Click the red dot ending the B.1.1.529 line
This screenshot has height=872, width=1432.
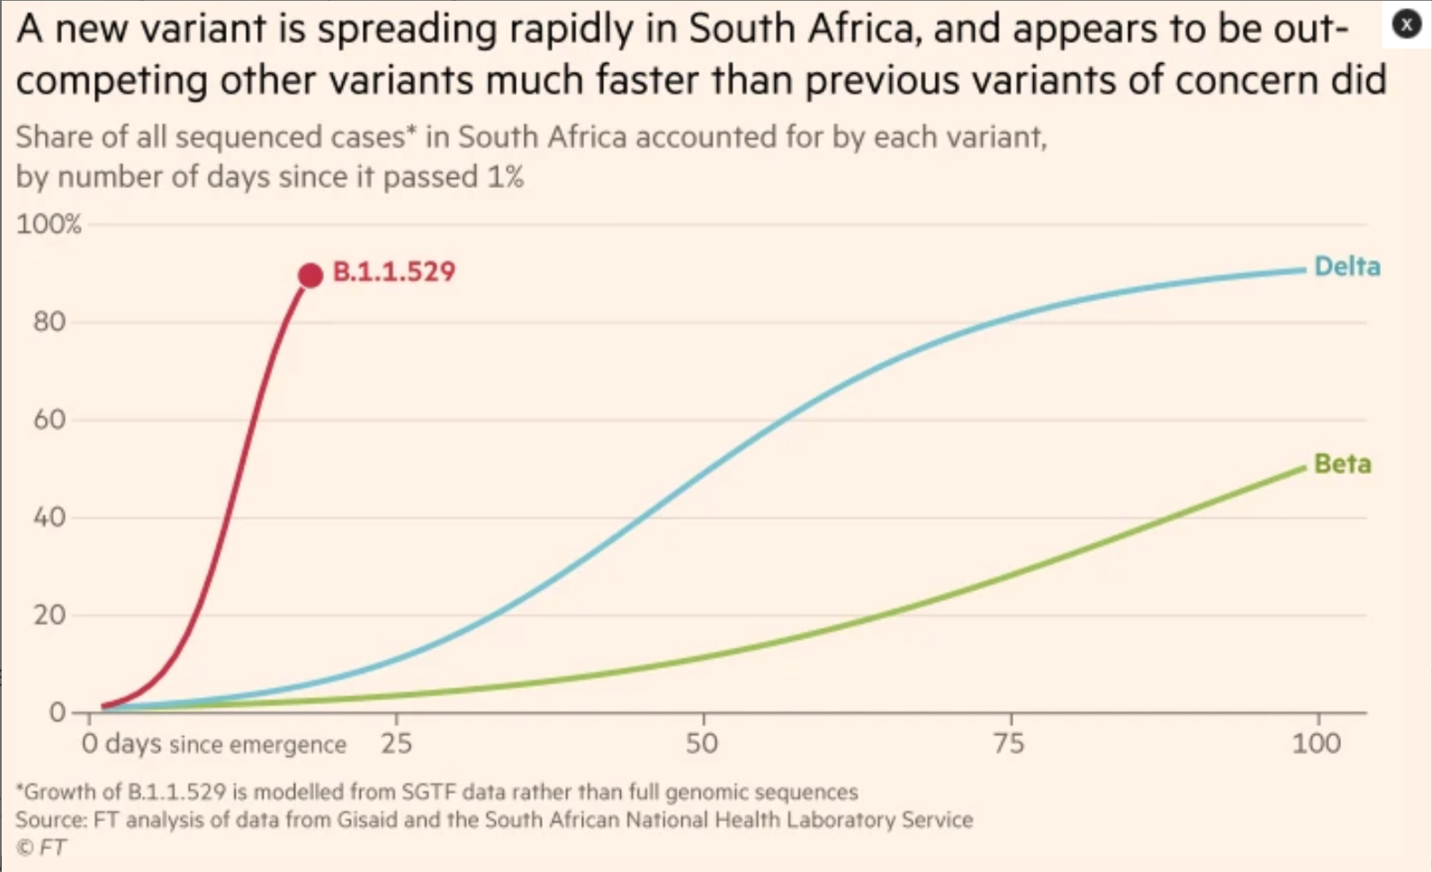(x=311, y=275)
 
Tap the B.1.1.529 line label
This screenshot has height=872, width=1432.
(x=393, y=272)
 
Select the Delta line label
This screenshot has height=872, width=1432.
(x=1346, y=266)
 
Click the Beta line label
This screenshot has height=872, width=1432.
(x=1342, y=463)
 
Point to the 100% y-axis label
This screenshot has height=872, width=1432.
(x=49, y=224)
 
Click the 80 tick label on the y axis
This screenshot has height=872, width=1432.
(x=50, y=322)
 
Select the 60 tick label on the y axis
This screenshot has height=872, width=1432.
(x=50, y=419)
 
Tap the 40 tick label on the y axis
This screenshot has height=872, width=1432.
(x=50, y=517)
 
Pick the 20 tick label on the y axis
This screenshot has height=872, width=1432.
(x=50, y=616)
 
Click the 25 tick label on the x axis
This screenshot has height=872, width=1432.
(x=396, y=743)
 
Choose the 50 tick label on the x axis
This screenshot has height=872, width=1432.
(x=702, y=743)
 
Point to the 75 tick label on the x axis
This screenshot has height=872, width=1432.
(x=1009, y=743)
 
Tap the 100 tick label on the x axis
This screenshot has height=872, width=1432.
(x=1316, y=743)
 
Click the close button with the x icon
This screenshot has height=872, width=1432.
(x=1406, y=24)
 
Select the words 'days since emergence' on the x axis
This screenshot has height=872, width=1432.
(x=226, y=744)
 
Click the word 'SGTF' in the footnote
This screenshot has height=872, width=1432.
(x=428, y=792)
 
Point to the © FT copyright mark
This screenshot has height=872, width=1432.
(x=41, y=848)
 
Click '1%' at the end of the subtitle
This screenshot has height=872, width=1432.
(x=505, y=176)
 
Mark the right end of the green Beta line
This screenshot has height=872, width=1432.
(x=1303, y=467)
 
